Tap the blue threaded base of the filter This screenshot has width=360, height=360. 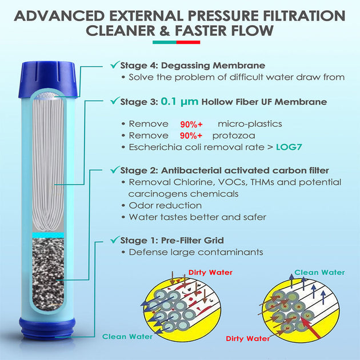(47, 329)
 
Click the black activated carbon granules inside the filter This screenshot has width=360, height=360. (48, 273)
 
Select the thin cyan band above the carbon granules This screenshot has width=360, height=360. (48, 235)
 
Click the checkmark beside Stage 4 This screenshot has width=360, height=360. (115, 65)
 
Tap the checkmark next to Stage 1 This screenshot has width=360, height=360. (115, 239)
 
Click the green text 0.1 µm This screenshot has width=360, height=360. (179, 102)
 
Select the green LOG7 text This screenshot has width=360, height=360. (289, 147)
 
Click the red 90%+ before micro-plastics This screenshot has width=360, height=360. (191, 124)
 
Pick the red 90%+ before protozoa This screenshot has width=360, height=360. (191, 135)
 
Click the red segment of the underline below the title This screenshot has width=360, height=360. (188, 42)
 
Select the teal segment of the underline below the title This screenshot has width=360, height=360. (165, 42)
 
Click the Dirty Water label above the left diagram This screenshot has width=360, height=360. (210, 273)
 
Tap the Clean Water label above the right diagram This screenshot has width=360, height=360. (319, 273)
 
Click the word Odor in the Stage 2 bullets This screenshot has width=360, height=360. (140, 205)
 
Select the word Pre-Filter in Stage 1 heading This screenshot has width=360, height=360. (181, 240)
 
